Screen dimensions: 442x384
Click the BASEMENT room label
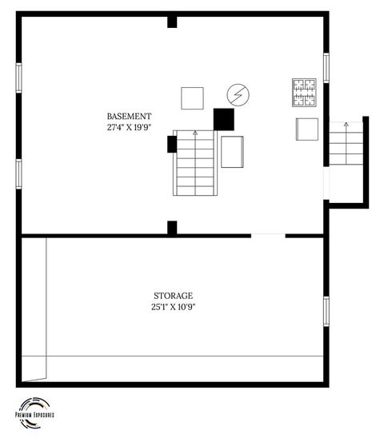(129, 116)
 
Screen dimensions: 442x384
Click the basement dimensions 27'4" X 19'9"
(129, 127)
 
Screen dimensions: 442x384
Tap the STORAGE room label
(173, 295)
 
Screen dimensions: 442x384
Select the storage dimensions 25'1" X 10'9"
(173, 306)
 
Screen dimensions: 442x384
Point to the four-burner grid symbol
(304, 92)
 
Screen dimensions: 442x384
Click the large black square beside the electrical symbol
(223, 119)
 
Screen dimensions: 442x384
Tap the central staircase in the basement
(194, 165)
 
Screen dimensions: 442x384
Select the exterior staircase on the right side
(346, 144)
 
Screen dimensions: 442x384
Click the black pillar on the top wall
(172, 21)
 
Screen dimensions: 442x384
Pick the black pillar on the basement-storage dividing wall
(172, 228)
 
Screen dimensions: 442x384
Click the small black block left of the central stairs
(171, 144)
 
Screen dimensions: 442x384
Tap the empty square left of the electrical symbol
(192, 98)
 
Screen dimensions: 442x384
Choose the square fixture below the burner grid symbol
(307, 129)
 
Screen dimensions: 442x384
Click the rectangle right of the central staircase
(233, 152)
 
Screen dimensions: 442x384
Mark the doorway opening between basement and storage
(268, 235)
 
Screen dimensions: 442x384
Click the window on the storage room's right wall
(326, 310)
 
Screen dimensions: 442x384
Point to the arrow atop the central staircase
(194, 134)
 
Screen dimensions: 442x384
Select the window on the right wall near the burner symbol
(326, 67)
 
